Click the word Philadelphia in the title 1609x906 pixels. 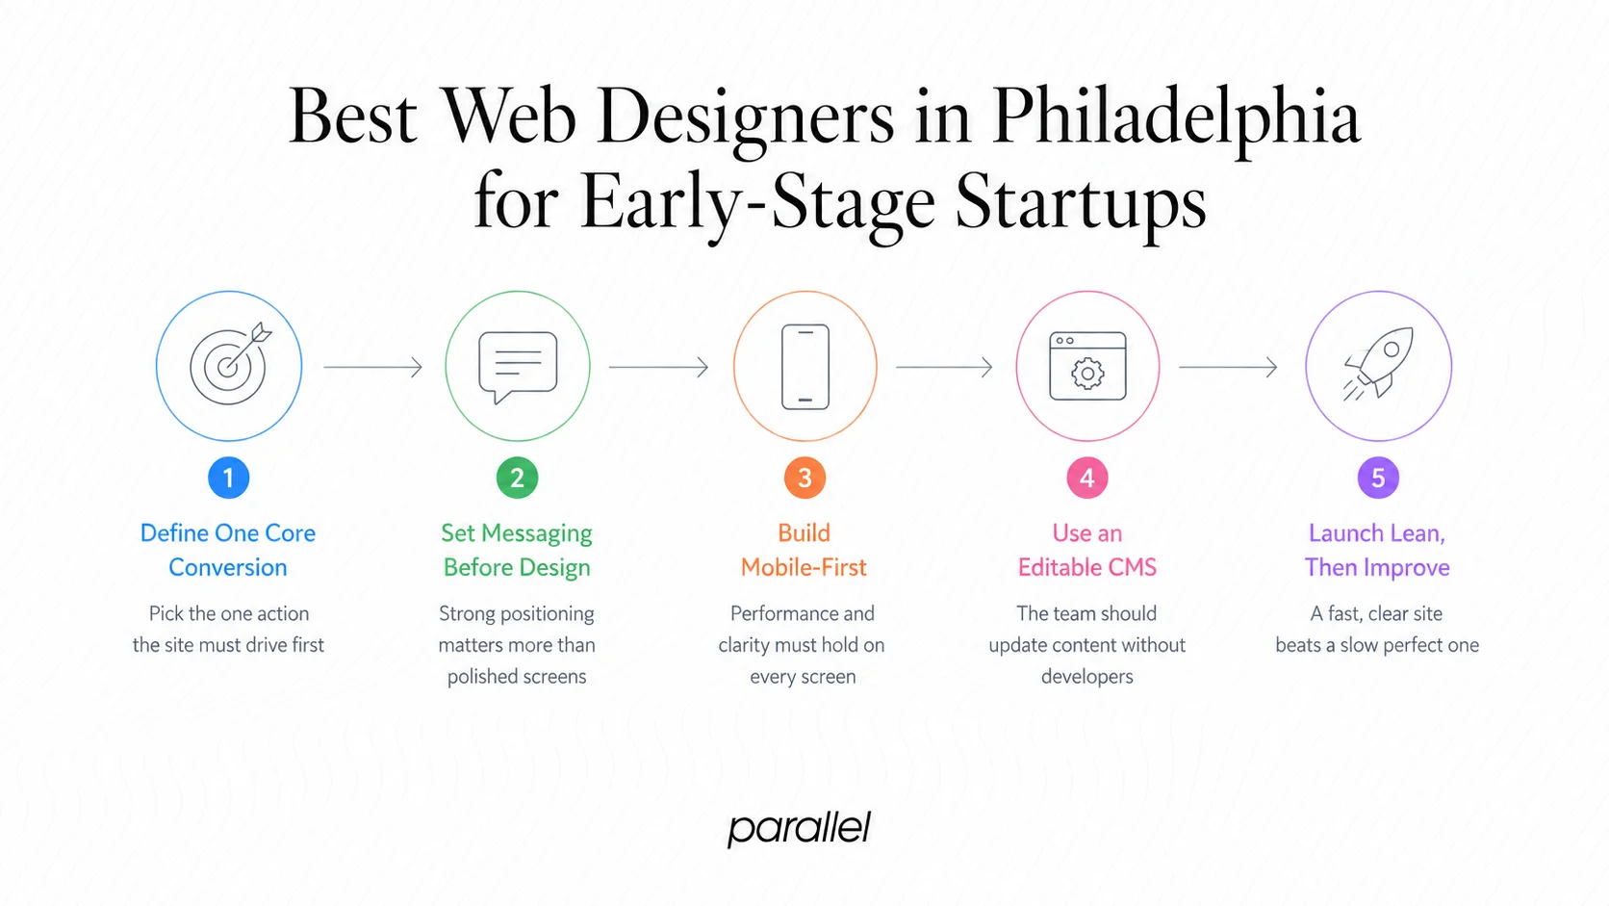[1175, 117]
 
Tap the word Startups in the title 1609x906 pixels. [1080, 202]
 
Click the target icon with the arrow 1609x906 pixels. [230, 365]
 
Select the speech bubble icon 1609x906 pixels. [518, 367]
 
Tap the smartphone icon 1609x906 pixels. [805, 367]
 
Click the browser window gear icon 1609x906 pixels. [1087, 367]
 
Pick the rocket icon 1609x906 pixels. [1378, 365]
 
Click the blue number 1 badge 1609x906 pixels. [228, 478]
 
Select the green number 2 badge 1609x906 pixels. [517, 478]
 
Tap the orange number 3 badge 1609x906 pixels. [804, 478]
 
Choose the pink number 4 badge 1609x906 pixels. [1087, 478]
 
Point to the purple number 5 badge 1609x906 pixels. [1378, 478]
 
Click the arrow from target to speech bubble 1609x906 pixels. [372, 367]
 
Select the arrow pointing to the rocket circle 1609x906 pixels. [1228, 367]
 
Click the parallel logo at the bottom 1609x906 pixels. [799, 829]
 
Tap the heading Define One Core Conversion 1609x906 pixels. [228, 550]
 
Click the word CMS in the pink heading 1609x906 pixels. [1132, 568]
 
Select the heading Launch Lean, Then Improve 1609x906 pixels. [1377, 550]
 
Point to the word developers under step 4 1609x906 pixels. [1086, 677]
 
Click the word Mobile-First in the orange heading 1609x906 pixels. [804, 568]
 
